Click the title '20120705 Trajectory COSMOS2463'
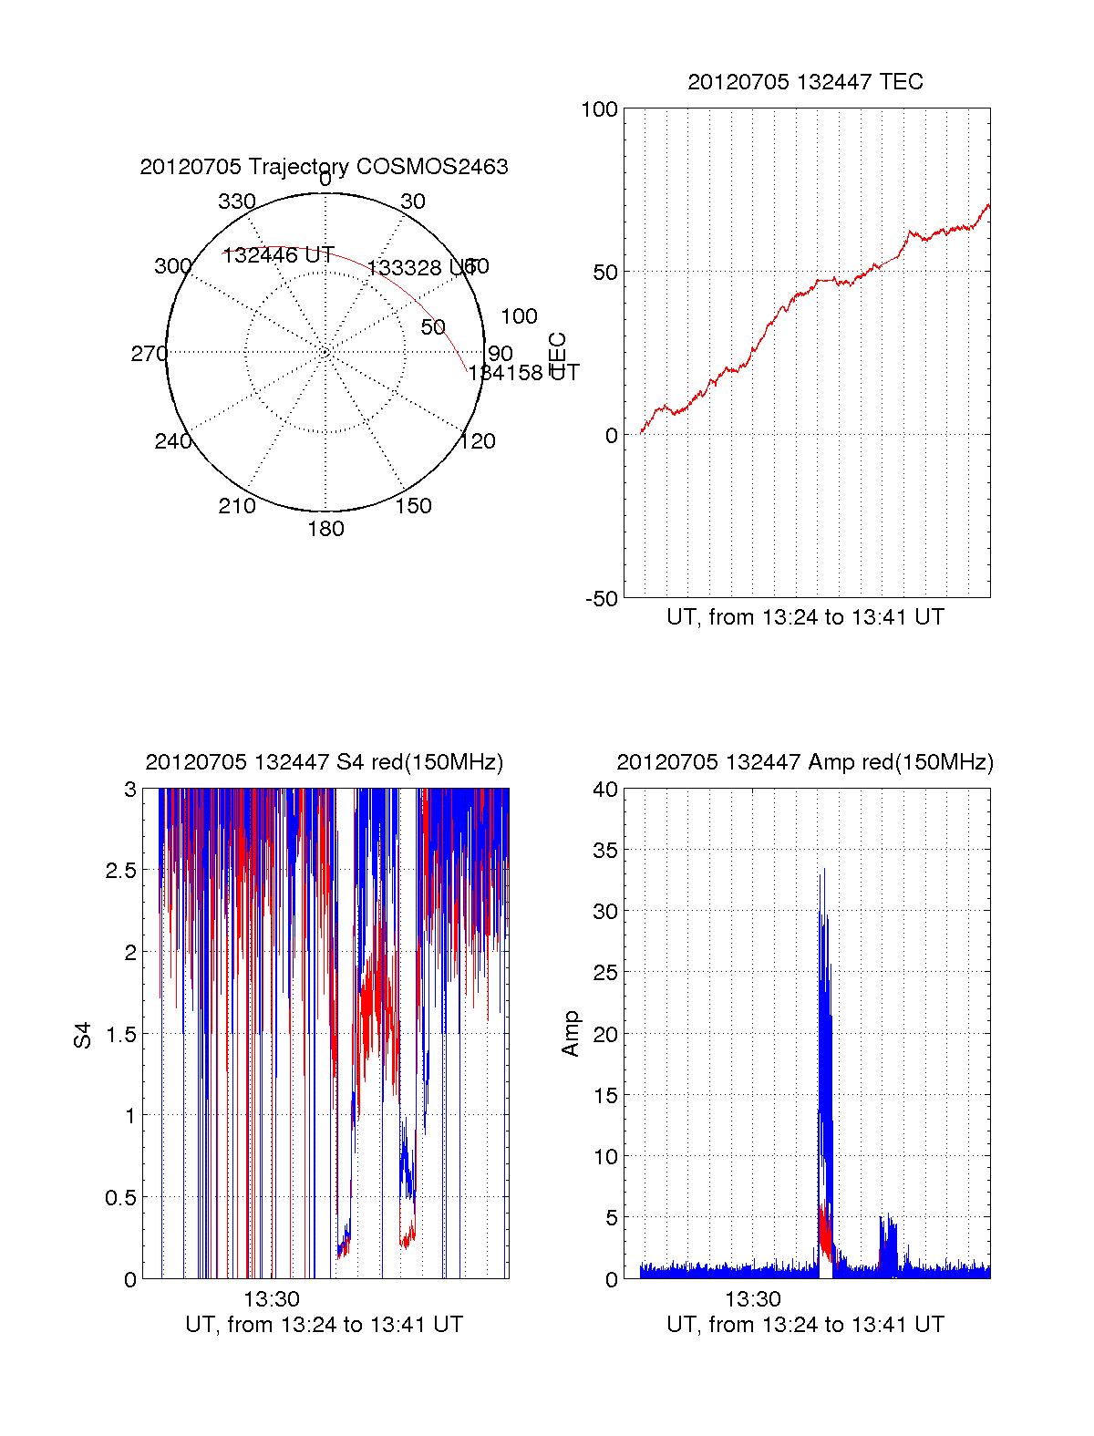coord(324,167)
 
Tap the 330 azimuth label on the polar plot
coord(236,201)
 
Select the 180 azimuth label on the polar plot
coord(325,529)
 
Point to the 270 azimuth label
coord(149,354)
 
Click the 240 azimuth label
coord(172,441)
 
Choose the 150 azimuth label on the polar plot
coord(413,506)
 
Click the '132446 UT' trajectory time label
coord(278,255)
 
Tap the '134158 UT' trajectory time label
coord(523,372)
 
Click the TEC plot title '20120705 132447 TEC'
coord(805,82)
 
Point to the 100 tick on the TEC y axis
coord(599,109)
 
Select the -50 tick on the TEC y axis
coord(601,599)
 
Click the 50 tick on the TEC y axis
coord(605,273)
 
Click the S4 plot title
coord(324,762)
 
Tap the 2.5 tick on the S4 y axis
coord(120,871)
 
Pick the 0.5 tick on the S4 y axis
coord(120,1198)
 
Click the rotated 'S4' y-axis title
coord(83,1035)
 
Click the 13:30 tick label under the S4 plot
coord(271,1298)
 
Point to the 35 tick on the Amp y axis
coord(605,851)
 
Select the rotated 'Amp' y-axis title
coord(571,1034)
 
